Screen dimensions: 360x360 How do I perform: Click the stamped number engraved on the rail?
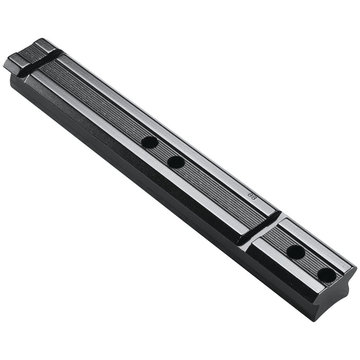click(252, 196)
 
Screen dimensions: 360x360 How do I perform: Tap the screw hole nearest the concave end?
click(327, 275)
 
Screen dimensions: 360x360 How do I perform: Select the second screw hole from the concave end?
click(296, 252)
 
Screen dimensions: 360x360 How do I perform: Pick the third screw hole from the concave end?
click(176, 162)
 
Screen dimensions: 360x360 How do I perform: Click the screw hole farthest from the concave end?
click(149, 142)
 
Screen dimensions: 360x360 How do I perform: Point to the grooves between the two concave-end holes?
click(311, 263)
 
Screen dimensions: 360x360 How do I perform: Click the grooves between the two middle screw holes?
click(163, 152)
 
